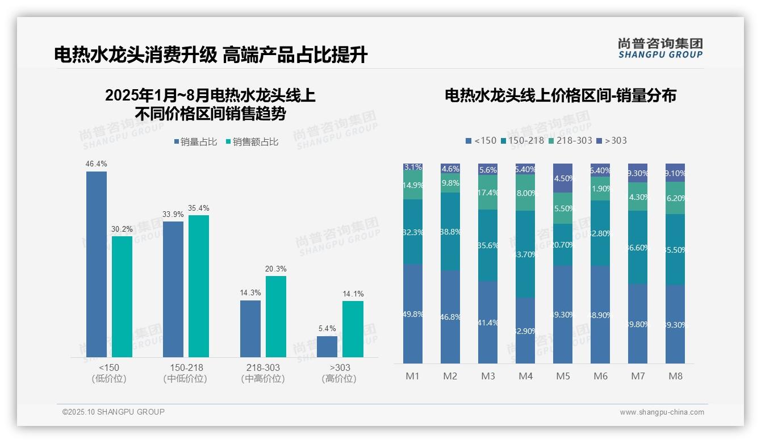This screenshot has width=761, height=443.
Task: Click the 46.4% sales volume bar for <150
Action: tap(97, 264)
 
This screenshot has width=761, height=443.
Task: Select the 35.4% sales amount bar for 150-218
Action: tap(199, 286)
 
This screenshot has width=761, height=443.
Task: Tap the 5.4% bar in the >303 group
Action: tap(327, 346)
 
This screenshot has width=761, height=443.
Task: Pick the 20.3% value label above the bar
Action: tap(276, 269)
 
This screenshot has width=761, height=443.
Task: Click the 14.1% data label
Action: tap(353, 294)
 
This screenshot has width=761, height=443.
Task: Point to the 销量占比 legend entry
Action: tap(195, 142)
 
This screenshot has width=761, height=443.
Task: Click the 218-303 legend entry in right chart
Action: tap(570, 140)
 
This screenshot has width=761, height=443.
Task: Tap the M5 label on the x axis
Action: tap(563, 376)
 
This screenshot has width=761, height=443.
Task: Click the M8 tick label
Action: tap(675, 376)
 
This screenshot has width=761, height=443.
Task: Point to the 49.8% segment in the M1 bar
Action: tap(413, 314)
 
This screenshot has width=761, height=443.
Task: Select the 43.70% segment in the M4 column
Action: tap(525, 254)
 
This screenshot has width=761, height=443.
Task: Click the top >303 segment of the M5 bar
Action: tap(563, 178)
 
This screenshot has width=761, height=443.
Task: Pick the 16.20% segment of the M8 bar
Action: tap(675, 198)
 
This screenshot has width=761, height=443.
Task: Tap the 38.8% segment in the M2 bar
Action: tap(450, 231)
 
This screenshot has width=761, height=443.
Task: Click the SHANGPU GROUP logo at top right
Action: tap(660, 48)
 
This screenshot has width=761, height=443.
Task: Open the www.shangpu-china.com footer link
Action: tap(662, 412)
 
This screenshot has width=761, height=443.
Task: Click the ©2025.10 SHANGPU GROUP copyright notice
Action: tap(114, 412)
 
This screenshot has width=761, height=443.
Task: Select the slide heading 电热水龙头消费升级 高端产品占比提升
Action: tap(211, 55)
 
